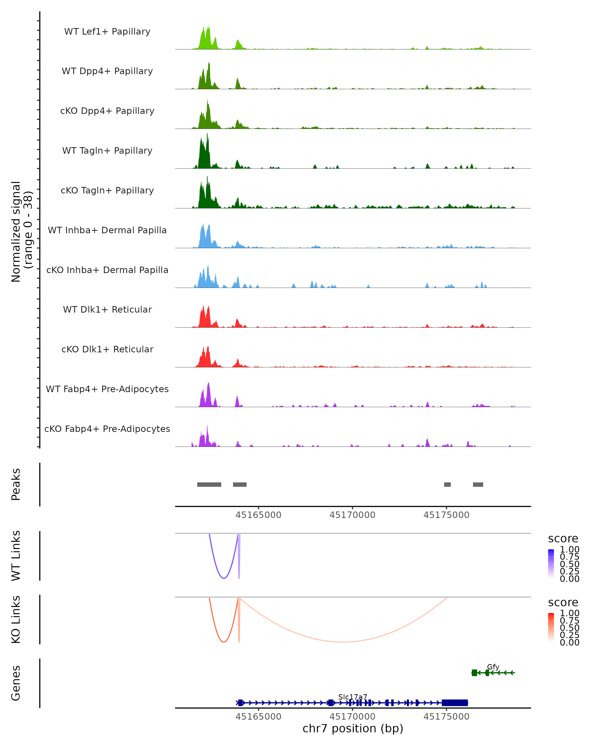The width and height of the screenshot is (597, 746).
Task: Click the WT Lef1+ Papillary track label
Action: [107, 32]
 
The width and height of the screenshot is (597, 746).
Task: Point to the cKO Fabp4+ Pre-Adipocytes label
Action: [107, 429]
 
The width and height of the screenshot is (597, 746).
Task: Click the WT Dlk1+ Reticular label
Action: [107, 309]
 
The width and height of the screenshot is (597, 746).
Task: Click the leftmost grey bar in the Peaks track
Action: [209, 484]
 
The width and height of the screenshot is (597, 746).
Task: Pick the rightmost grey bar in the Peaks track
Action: [478, 484]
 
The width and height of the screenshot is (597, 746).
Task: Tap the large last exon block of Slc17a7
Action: [455, 703]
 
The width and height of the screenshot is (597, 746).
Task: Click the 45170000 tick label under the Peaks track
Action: [352, 515]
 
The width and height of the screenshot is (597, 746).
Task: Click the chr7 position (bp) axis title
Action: [353, 729]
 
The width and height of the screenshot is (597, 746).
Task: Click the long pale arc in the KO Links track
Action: [343, 642]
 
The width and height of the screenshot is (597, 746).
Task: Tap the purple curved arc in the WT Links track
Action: [224, 578]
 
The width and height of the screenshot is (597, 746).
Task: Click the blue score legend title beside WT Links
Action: [563, 539]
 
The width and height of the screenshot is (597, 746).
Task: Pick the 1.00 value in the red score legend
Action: [569, 613]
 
